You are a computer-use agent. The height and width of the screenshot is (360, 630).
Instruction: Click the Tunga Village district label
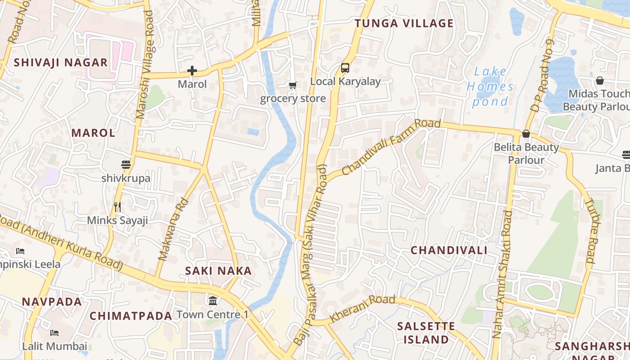[404, 23]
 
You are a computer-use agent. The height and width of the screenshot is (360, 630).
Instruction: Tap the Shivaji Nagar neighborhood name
[61, 63]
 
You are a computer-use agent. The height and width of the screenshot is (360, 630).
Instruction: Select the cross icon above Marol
[192, 71]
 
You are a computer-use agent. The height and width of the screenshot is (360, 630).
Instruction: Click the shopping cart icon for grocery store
[292, 85]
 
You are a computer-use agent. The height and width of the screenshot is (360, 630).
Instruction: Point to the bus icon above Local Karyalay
[345, 68]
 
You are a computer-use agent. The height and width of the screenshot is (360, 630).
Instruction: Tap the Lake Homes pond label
[490, 86]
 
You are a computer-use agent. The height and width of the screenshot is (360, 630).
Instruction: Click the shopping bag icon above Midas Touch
[599, 81]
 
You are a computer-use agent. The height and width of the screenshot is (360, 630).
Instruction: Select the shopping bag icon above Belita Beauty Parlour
[526, 134]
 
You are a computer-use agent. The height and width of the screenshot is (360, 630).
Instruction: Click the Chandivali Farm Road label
[391, 147]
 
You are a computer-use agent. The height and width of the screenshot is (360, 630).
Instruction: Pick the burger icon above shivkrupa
[126, 165]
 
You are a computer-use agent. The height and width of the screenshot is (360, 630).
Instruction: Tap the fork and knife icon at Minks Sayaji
[117, 207]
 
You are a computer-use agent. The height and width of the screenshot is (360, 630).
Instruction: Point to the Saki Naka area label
[218, 271]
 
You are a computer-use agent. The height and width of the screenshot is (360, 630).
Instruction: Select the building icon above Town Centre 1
[213, 301]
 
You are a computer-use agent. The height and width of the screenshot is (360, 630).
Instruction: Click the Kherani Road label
[363, 308]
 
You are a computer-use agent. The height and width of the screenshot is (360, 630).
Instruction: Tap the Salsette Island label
[426, 333]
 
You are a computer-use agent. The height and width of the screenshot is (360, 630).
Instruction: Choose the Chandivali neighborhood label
[449, 250]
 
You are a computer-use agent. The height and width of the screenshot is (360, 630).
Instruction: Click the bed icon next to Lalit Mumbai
[54, 333]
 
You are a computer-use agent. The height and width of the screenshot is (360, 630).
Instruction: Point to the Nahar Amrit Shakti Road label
[503, 274]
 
